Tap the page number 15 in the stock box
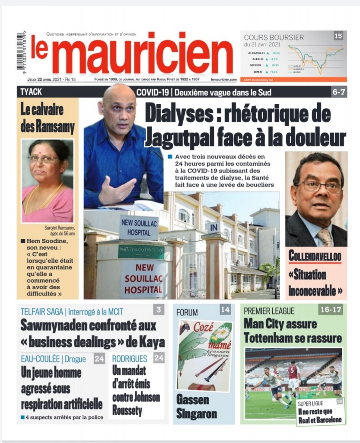click(x=338, y=36)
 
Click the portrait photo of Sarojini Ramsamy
click(x=48, y=181)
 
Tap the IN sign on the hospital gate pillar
click(x=213, y=227)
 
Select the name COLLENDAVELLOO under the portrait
click(x=315, y=256)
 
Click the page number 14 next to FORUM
click(x=225, y=310)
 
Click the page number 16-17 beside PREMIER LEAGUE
click(x=332, y=309)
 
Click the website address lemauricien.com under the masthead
click(x=224, y=80)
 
